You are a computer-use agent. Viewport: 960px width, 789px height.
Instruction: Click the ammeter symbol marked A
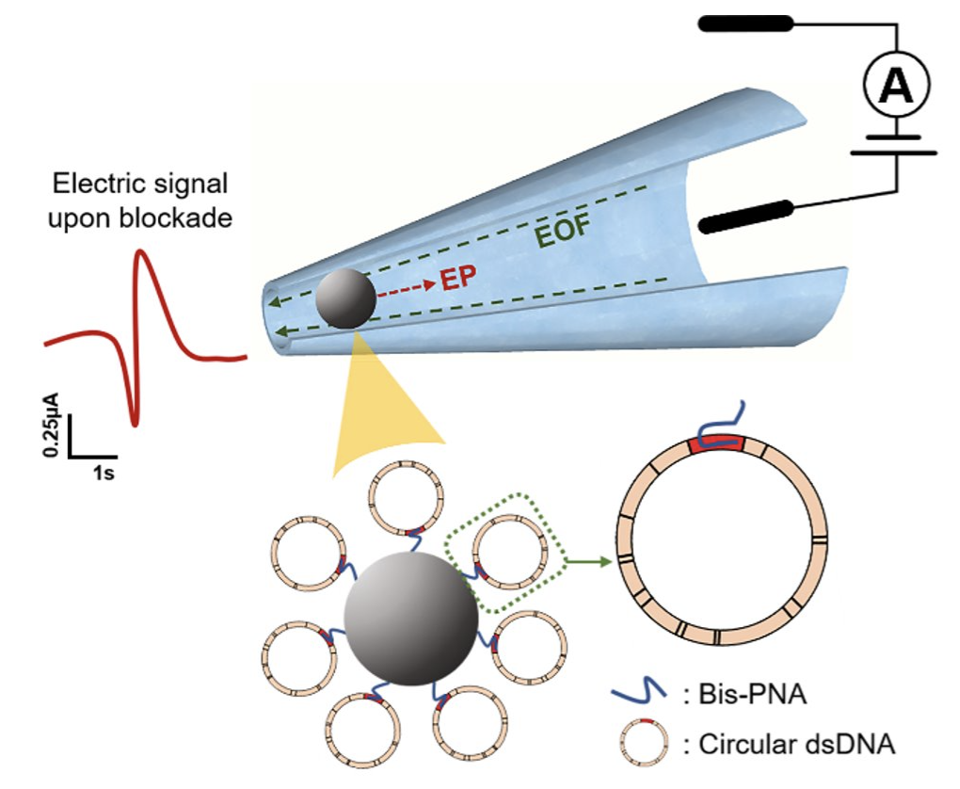point(895,88)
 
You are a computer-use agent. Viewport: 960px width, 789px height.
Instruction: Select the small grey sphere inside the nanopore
point(345,299)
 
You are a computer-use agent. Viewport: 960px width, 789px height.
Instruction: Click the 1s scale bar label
point(104,474)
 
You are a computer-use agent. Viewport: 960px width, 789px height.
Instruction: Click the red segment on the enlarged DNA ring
point(717,443)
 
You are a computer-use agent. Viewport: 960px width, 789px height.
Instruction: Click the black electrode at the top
point(744,26)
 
